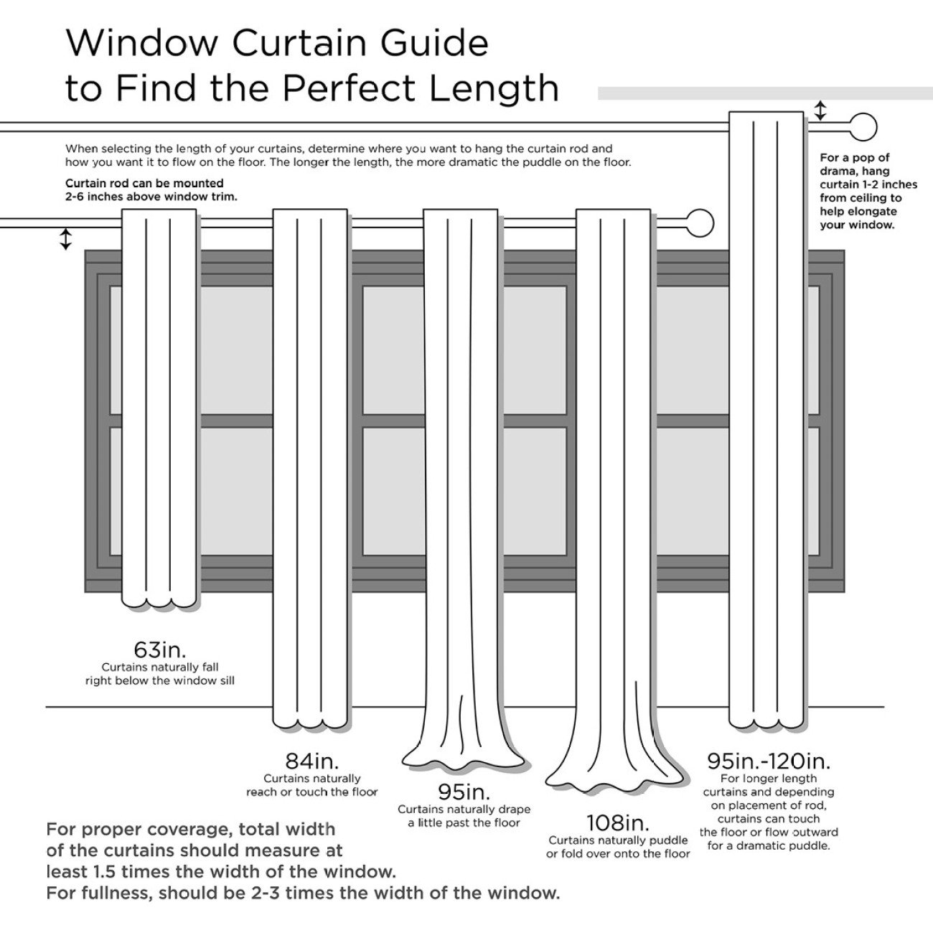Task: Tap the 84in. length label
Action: point(311,760)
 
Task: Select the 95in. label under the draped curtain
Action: point(464,792)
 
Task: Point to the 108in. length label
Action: point(617,822)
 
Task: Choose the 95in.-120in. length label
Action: point(769,760)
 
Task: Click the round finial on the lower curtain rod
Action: point(700,223)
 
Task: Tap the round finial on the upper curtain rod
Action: point(863,127)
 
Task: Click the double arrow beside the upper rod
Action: point(820,111)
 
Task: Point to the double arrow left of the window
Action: point(65,238)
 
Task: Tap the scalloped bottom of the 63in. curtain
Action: point(159,601)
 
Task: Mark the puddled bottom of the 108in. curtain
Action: point(614,779)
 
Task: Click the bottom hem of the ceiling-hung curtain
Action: point(766,721)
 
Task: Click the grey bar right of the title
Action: point(764,93)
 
